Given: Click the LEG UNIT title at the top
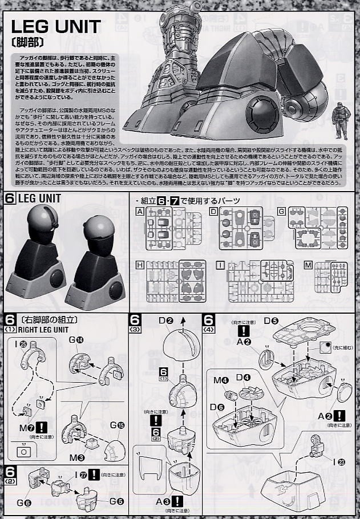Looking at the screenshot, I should click(56, 27).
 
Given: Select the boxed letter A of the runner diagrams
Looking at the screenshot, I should click(139, 211).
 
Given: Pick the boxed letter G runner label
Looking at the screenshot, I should click(281, 211).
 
